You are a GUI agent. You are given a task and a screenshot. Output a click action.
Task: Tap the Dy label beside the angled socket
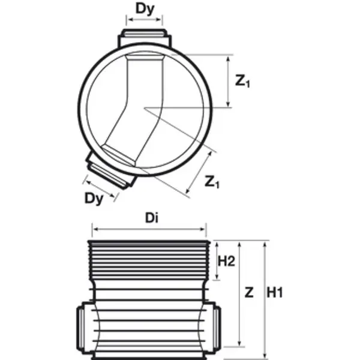pyautogui.click(x=94, y=197)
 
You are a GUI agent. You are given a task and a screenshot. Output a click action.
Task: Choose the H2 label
pyautogui.click(x=226, y=261)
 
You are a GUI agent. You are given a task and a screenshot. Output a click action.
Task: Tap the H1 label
pyautogui.click(x=275, y=293)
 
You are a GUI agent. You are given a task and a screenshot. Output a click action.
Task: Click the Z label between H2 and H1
pyautogui.click(x=248, y=293)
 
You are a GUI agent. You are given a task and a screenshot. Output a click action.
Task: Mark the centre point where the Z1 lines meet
pyautogui.click(x=145, y=108)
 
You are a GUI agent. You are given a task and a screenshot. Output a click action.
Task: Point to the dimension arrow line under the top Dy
pyautogui.click(x=145, y=19)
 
